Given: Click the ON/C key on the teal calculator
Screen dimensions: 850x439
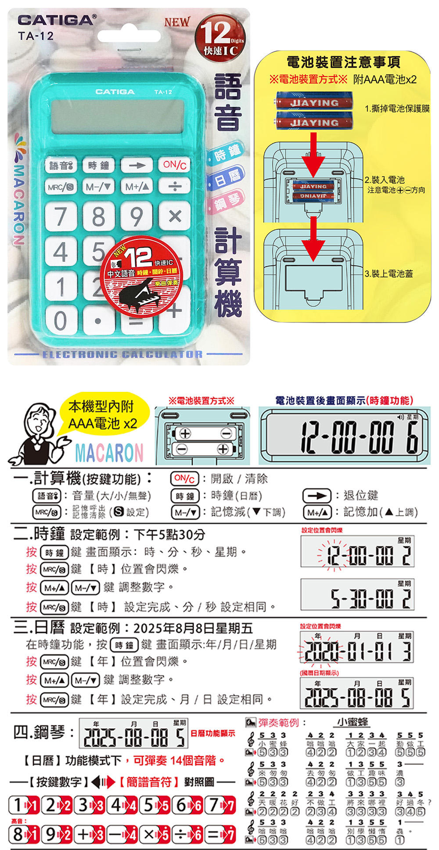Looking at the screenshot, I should click(x=175, y=165).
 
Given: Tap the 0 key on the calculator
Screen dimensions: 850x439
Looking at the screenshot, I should click(x=61, y=321).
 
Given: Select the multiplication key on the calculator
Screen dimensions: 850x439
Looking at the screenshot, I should click(x=175, y=216).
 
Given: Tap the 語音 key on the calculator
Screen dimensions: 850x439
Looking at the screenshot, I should click(x=61, y=166).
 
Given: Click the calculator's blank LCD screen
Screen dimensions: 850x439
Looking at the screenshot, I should click(x=117, y=116).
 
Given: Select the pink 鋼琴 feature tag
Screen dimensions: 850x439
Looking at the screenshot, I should click(x=228, y=202).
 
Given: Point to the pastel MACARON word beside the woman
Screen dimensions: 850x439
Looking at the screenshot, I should click(x=109, y=452).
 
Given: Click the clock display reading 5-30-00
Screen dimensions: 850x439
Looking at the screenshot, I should click(x=357, y=595).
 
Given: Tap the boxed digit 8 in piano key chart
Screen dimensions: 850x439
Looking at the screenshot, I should click(x=18, y=833).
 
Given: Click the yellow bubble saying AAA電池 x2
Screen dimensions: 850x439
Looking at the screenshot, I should click(x=103, y=415).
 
